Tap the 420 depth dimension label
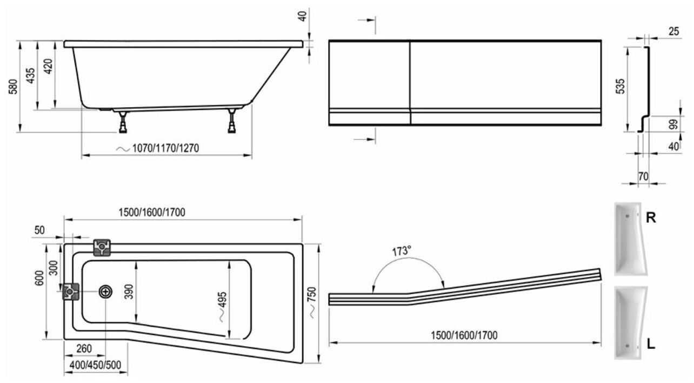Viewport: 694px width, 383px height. pyautogui.click(x=49, y=67)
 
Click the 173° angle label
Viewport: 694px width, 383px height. pyautogui.click(x=402, y=251)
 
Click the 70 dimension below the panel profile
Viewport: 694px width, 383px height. pyautogui.click(x=643, y=176)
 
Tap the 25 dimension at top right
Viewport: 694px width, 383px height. pyautogui.click(x=673, y=31)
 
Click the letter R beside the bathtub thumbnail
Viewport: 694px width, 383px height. pyautogui.click(x=652, y=218)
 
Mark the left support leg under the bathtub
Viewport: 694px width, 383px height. pyautogui.click(x=124, y=122)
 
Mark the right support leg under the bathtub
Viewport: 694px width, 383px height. pyautogui.click(x=232, y=122)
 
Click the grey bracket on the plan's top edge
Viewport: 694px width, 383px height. pyautogui.click(x=102, y=247)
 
